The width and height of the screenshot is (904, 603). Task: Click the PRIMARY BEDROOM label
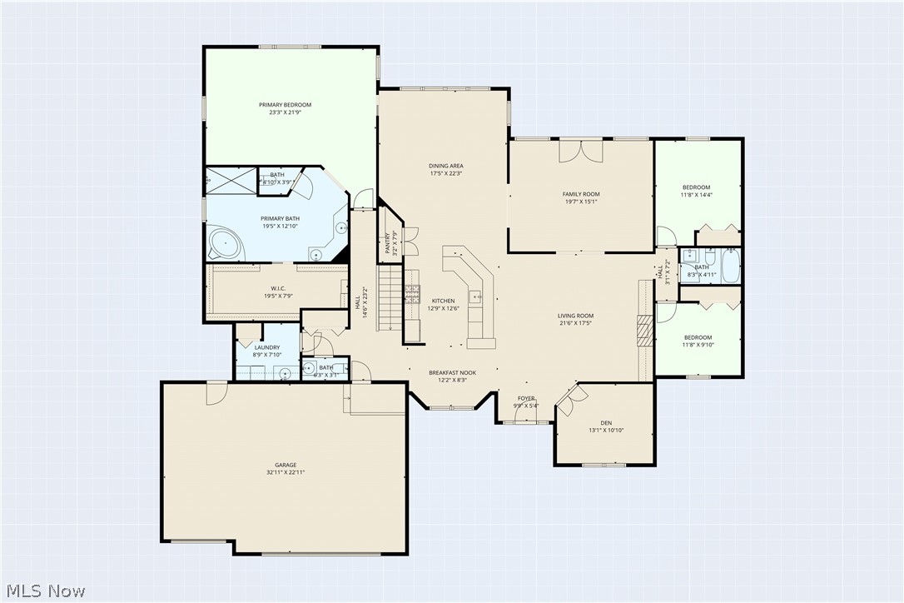coord(285,105)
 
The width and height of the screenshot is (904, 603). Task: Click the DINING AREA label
coord(446,166)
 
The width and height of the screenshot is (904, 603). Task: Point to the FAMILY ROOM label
coord(581,194)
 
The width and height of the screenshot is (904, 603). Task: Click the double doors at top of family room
coord(580,152)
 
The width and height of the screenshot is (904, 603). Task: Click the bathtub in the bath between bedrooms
coord(730,267)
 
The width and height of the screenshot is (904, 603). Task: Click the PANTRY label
coord(388,242)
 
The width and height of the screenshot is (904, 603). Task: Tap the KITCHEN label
coord(443,301)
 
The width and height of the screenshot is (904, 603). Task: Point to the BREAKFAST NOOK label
coord(452,372)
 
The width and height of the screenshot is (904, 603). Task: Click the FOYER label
coord(526,398)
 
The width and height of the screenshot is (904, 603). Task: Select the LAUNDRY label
coord(267,347)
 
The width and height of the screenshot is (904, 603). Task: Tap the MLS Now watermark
coord(43,591)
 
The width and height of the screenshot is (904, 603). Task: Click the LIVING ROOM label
coord(575,316)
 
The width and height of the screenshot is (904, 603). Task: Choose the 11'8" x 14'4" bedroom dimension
coord(697,195)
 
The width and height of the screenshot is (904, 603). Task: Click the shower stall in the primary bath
coord(231,178)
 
